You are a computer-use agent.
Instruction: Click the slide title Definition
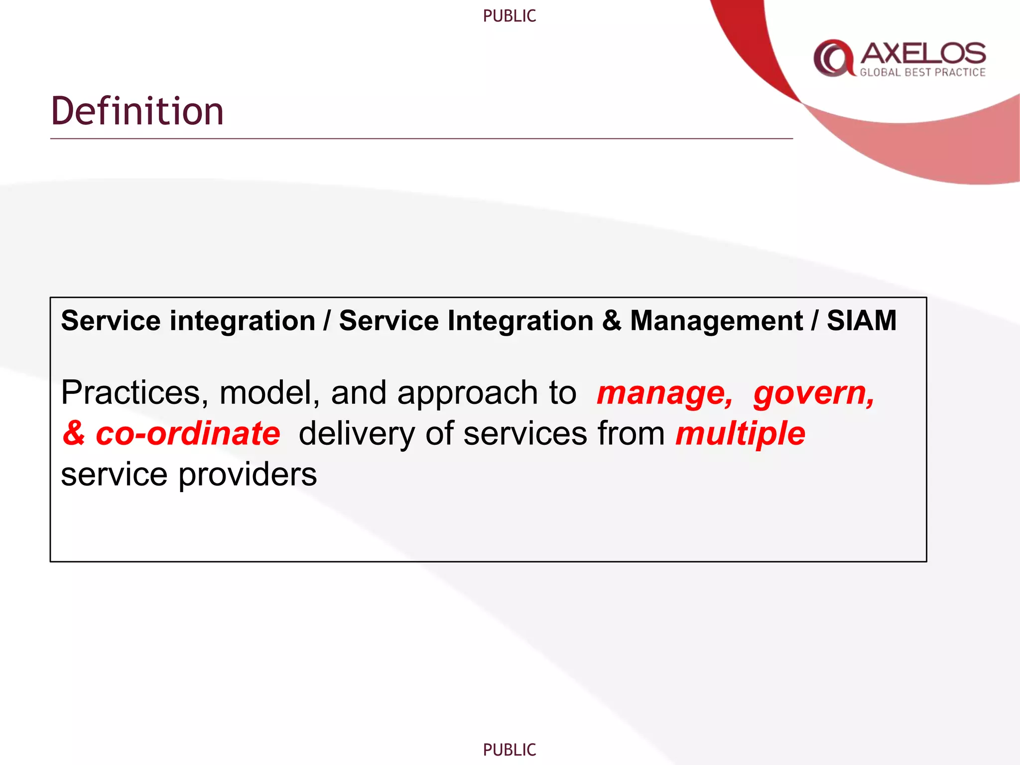[x=137, y=111]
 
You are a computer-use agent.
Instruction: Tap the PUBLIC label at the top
[x=509, y=16]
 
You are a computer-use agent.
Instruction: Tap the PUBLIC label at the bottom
[x=509, y=750]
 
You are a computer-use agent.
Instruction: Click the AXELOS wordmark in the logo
[x=923, y=53]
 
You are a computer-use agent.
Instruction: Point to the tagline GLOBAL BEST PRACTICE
[x=922, y=73]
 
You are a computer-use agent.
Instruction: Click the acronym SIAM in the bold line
[x=862, y=320]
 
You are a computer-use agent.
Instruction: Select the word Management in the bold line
[x=716, y=320]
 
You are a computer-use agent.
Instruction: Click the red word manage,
[x=664, y=393]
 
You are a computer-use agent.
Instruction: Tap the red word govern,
[x=813, y=393]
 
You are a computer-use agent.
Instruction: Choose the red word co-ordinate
[x=188, y=433]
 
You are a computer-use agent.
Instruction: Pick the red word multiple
[x=740, y=433]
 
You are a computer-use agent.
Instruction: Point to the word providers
[x=248, y=475]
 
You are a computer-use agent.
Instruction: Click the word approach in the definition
[x=467, y=394]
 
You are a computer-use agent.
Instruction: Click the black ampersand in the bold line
[x=611, y=320]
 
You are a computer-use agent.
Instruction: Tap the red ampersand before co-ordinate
[x=74, y=433]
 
